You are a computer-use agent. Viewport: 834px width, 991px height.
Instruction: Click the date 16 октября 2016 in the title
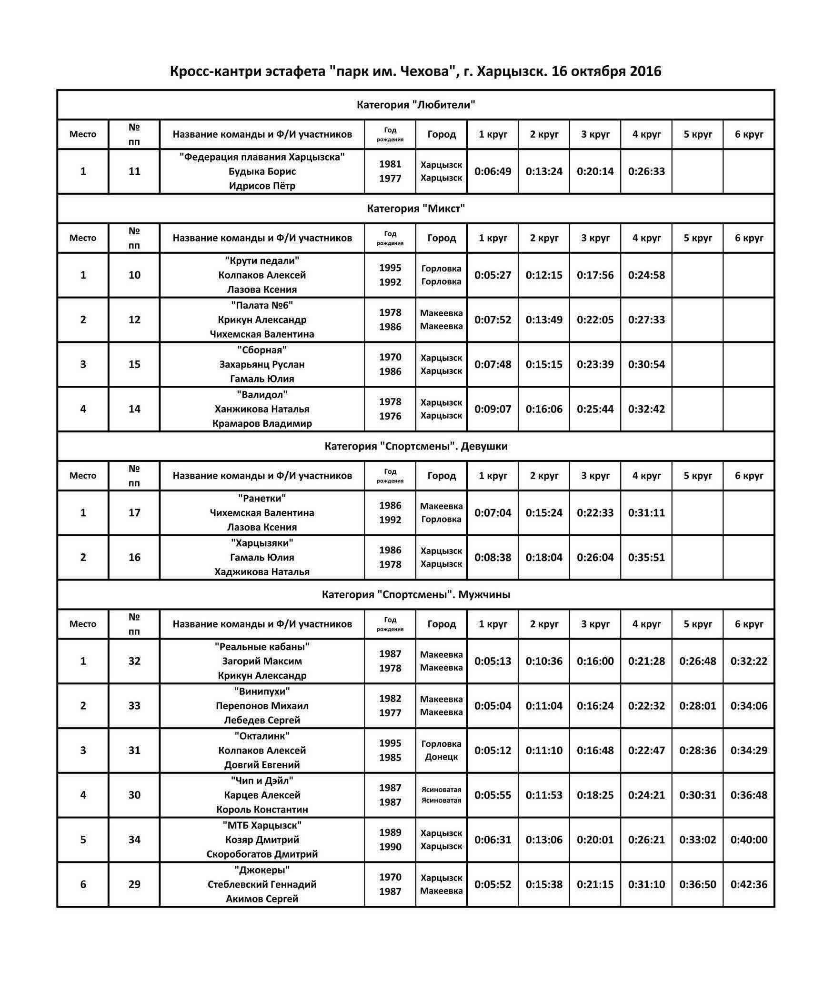[606, 71]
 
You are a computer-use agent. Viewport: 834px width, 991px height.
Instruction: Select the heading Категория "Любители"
[416, 105]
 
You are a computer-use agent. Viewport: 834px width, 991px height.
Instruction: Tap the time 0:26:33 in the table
[646, 171]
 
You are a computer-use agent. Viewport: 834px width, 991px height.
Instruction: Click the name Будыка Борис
[262, 171]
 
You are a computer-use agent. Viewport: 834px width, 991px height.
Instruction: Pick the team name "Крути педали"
[262, 260]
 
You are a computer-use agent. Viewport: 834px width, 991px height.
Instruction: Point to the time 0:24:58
[646, 275]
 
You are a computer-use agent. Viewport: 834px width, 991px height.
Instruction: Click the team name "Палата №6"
[262, 305]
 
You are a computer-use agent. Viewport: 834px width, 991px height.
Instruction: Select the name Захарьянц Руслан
[262, 364]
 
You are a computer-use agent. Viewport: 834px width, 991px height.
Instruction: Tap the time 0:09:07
[492, 409]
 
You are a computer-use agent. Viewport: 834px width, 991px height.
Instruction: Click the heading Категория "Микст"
[416, 209]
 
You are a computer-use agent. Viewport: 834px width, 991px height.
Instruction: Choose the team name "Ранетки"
[262, 498]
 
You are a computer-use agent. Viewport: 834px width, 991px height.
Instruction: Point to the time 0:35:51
[646, 557]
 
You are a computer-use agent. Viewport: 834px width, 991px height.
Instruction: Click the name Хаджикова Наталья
[262, 572]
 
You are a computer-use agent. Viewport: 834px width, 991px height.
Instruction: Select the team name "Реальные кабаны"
[262, 647]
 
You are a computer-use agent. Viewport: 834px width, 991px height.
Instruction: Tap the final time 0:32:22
[749, 661]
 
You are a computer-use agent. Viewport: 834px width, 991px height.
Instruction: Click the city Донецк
[441, 757]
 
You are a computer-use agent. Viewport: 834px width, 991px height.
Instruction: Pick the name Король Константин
[262, 809]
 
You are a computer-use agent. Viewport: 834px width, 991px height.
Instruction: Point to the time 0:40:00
[749, 840]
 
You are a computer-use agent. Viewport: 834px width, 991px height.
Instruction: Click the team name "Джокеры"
[262, 870]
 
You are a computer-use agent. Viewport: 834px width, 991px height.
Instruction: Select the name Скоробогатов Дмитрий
[262, 854]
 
